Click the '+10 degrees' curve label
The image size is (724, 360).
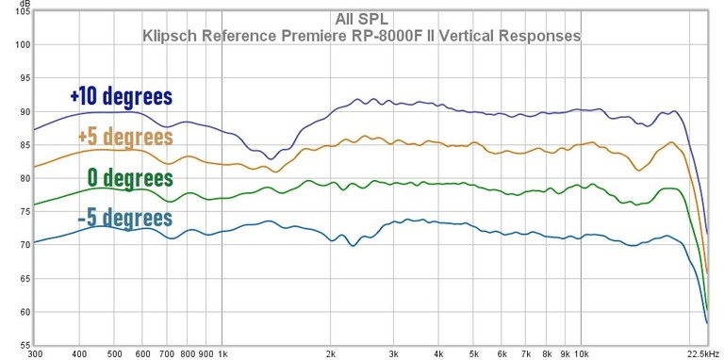click(121, 97)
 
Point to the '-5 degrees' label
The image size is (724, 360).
click(124, 220)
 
